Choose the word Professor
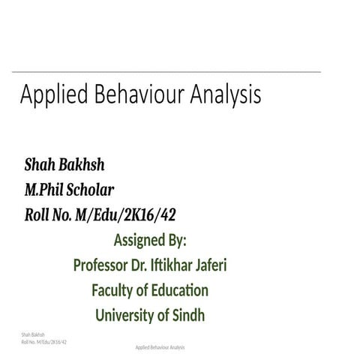click(105, 265)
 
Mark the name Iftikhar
click(182, 265)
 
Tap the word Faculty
click(114, 290)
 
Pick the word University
click(125, 315)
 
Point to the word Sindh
click(187, 315)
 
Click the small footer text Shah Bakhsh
click(34, 333)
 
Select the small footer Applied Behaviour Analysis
click(160, 348)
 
